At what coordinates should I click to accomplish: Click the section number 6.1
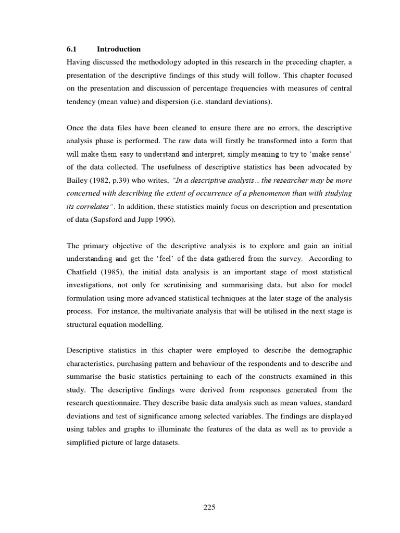coord(71,49)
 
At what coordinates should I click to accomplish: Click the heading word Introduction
coord(118,49)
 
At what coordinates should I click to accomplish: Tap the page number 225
coord(209,507)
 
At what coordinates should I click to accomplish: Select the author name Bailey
coord(78,181)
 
